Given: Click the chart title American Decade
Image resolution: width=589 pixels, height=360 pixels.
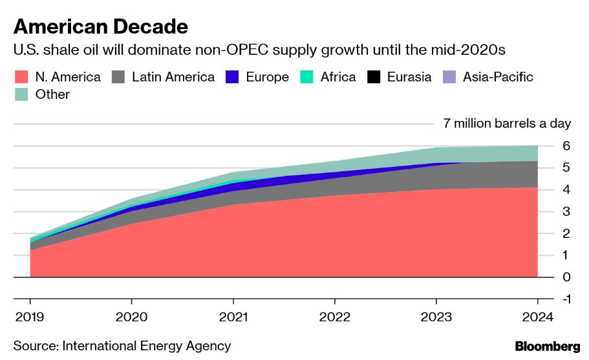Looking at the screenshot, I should (101, 26).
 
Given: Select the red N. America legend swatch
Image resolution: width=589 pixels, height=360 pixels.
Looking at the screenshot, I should (22, 77).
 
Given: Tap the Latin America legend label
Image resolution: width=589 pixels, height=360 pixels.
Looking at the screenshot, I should (173, 77).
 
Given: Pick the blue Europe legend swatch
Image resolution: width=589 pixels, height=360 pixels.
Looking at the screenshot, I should (233, 77).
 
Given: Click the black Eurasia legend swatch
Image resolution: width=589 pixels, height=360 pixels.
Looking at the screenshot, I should (374, 77).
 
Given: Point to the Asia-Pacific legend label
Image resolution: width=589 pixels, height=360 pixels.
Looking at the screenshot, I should (498, 77).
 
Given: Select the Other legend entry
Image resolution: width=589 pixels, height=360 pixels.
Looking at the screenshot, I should (52, 94).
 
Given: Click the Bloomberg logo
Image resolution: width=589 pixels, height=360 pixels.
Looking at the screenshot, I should (547, 346).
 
